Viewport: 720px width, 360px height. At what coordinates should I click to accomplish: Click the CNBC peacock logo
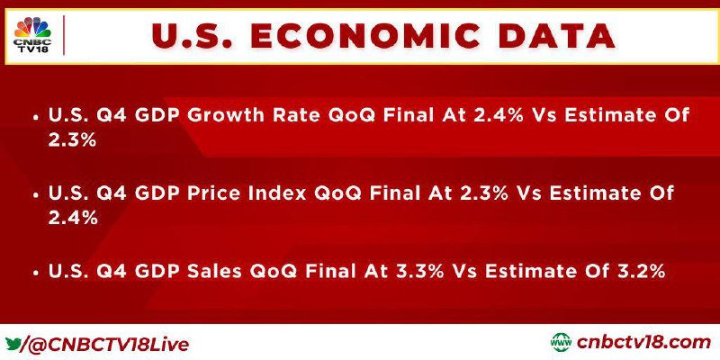(x=32, y=28)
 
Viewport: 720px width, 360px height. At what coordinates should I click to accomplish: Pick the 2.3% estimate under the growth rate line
(x=72, y=140)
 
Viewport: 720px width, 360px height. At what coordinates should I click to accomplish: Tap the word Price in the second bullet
(x=216, y=193)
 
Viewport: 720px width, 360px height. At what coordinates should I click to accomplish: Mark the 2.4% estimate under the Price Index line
(x=73, y=219)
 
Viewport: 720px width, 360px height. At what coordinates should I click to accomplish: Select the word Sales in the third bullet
(x=215, y=272)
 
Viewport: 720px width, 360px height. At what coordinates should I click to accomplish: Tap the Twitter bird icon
(x=13, y=343)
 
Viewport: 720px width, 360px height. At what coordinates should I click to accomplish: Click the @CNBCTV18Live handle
(x=106, y=344)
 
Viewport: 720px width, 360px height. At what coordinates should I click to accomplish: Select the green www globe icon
(x=561, y=343)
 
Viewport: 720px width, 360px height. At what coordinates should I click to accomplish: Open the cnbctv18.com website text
(x=643, y=343)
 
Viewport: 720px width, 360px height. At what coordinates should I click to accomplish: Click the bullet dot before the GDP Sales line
(x=36, y=273)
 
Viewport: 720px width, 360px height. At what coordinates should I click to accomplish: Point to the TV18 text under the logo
(x=32, y=49)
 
